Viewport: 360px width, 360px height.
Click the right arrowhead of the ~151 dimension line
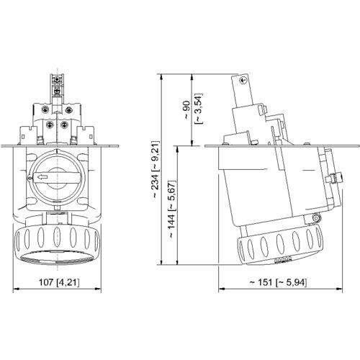341,290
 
